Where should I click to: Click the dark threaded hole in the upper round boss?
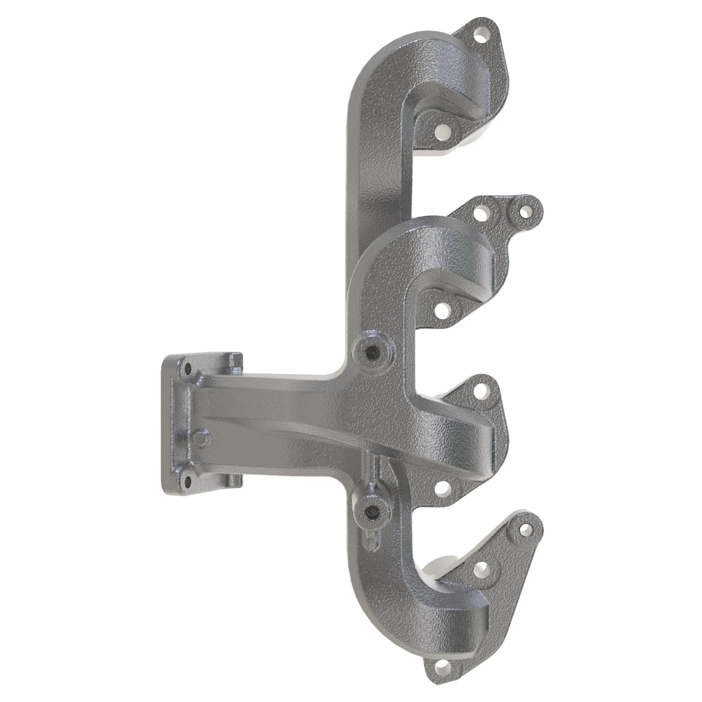click(x=372, y=351)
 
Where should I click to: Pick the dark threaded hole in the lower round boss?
click(x=372, y=512)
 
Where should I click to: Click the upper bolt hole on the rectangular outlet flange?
click(x=187, y=368)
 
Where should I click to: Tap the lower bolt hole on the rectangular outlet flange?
click(x=187, y=482)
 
